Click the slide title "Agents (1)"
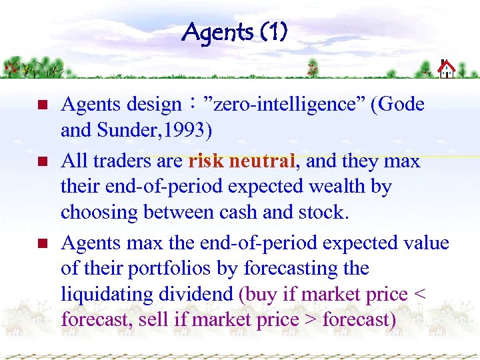click(234, 31)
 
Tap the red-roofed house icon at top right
click(446, 68)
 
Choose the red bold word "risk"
click(207, 161)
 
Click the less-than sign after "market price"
click(417, 295)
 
